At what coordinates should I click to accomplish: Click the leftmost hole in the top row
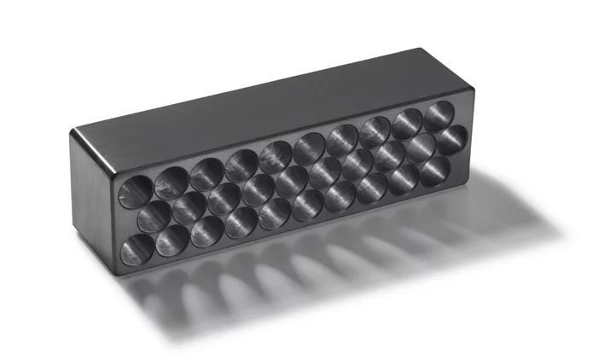[136, 187]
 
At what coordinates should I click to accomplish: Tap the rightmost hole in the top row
[438, 114]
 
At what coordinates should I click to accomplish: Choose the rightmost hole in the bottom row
[434, 166]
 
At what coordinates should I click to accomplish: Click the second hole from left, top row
[172, 179]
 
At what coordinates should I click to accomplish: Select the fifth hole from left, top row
[276, 154]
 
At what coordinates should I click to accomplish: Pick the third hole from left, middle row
[223, 197]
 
